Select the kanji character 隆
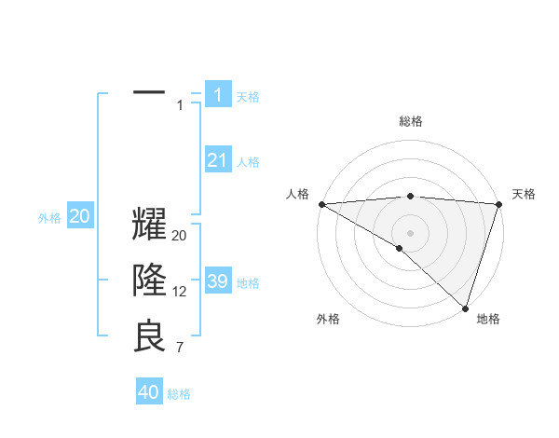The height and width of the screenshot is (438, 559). (x=149, y=281)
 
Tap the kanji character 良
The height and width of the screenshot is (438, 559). (x=149, y=335)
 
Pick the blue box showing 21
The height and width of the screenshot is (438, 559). (x=217, y=160)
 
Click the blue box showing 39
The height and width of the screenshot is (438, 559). (x=217, y=281)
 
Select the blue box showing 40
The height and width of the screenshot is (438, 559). (x=149, y=392)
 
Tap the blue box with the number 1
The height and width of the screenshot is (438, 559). (x=217, y=94)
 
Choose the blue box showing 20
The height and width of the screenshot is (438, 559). (x=80, y=216)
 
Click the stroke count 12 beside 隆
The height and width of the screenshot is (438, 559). (x=180, y=292)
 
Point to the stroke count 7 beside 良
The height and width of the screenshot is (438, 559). (x=180, y=347)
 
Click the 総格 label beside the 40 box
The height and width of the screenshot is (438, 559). (x=179, y=394)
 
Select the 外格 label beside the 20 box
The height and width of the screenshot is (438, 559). (x=49, y=218)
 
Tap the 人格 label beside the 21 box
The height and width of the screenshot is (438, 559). (x=248, y=162)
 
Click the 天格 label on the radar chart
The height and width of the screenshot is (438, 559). (x=524, y=194)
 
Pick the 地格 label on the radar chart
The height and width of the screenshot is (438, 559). (x=488, y=319)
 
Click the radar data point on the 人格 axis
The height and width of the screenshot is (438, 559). (x=321, y=203)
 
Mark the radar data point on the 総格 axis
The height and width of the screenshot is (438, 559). (x=410, y=196)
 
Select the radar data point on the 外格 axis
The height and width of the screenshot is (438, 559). (x=400, y=248)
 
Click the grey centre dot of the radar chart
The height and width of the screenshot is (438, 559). (x=410, y=232)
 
